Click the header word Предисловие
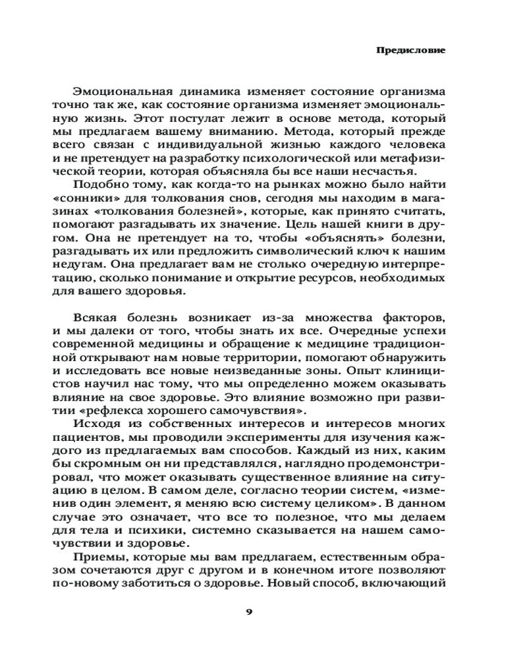click(410, 50)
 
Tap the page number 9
click(248, 611)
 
